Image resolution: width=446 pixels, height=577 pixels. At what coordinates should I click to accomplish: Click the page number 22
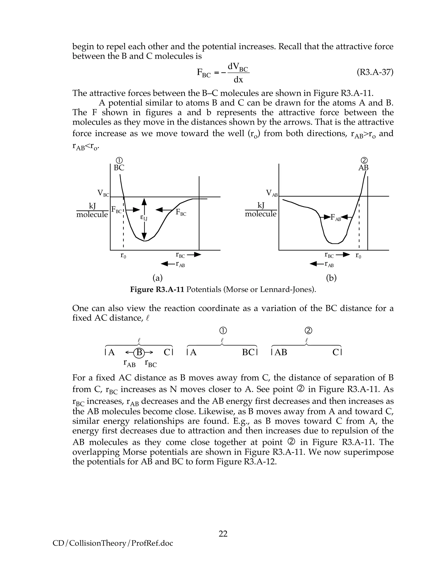[223, 534]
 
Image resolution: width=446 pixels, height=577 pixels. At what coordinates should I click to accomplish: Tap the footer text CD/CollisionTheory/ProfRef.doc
[113, 543]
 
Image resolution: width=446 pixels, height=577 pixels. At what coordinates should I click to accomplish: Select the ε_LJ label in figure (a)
[144, 218]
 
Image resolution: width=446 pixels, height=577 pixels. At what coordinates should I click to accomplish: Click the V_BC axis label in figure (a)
[103, 193]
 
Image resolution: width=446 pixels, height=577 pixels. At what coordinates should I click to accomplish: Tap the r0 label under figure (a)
[123, 255]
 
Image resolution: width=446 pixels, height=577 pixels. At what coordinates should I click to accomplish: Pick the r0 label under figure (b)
[358, 255]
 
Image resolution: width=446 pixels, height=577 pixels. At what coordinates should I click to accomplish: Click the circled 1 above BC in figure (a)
[119, 160]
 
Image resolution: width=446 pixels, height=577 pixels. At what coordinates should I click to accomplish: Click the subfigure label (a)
[157, 278]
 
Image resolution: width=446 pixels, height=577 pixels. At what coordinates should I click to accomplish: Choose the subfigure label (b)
[331, 278]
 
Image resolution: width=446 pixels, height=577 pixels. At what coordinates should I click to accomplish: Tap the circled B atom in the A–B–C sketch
[139, 353]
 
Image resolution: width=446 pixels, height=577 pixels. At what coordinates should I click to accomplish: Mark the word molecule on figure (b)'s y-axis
[260, 214]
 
